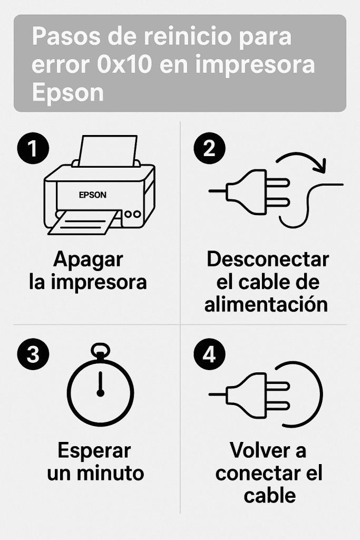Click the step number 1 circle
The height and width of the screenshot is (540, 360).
click(33, 148)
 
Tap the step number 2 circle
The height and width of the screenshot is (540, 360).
click(210, 148)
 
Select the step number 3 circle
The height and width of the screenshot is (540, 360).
click(33, 354)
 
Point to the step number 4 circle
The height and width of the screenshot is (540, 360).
click(210, 354)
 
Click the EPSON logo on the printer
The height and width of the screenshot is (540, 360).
click(93, 195)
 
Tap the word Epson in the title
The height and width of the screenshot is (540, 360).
click(68, 93)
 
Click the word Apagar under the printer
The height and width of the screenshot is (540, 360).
click(88, 260)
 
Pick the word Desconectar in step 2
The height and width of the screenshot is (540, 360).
click(268, 259)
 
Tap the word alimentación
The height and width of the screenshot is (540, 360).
click(266, 304)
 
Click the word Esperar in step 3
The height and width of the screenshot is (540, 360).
click(94, 451)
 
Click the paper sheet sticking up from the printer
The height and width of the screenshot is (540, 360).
click(108, 151)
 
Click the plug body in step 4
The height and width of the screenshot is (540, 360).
click(247, 394)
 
